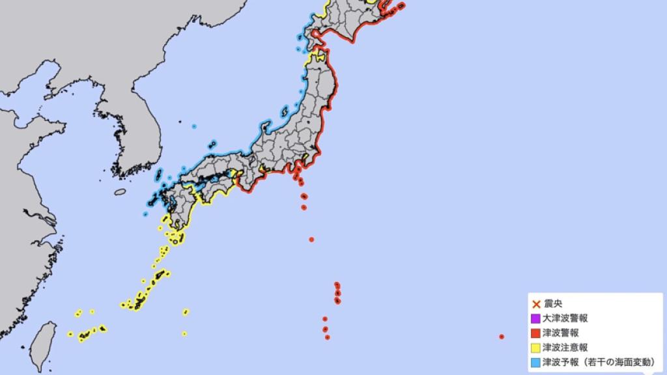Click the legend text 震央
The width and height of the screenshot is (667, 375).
tap(554, 304)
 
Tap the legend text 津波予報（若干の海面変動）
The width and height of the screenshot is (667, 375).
tap(596, 361)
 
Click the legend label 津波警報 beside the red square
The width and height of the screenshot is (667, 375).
tap(561, 333)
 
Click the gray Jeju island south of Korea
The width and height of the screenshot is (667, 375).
tap(120, 192)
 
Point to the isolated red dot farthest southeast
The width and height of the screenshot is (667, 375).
tap(501, 337)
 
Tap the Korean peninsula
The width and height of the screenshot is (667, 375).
tap(137, 137)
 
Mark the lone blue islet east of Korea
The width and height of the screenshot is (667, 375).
tap(194, 126)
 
